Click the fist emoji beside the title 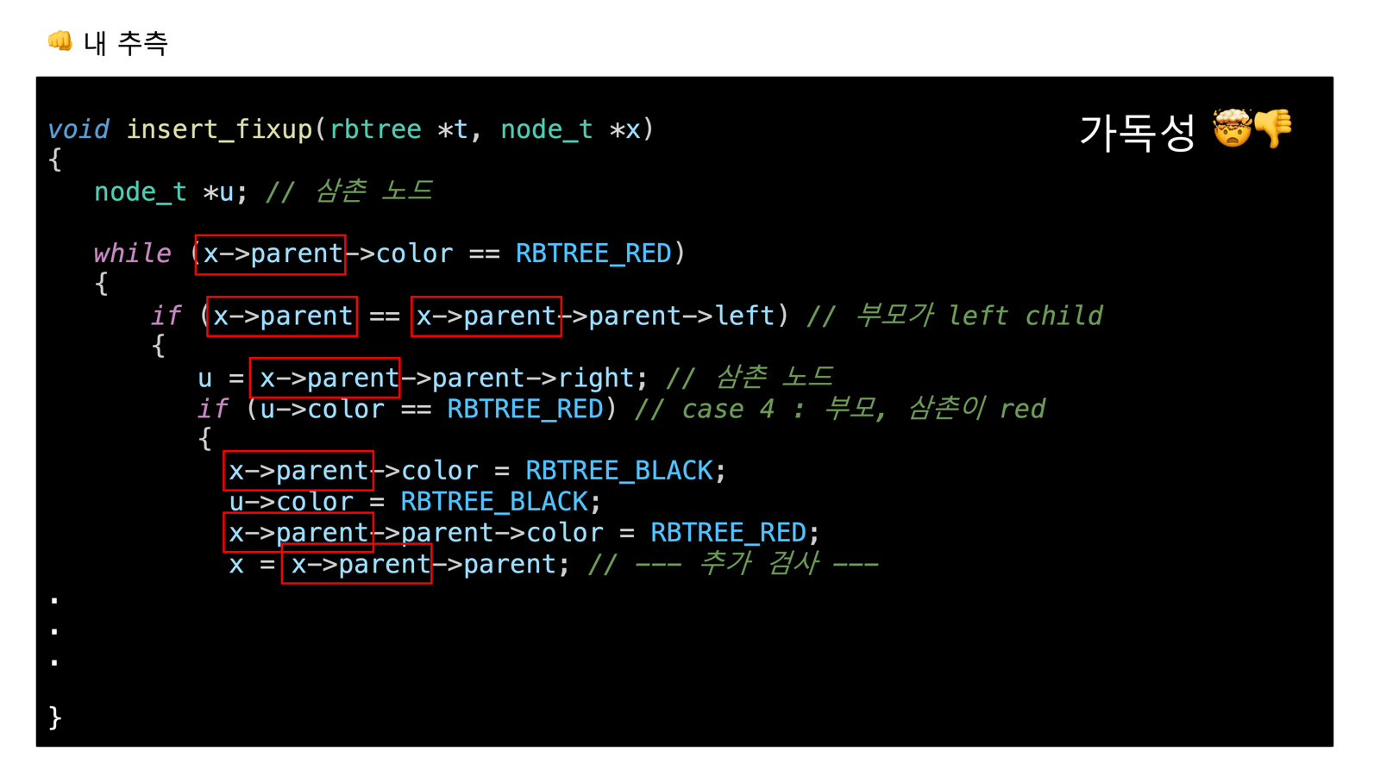60,41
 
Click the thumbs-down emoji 1273,129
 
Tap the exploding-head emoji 1232,129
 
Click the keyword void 78,129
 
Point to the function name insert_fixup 219,129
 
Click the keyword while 132,253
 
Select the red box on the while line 270,254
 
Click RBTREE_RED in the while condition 593,253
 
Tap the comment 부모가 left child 978,316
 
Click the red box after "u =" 324,378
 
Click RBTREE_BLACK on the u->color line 494,502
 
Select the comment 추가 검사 756,564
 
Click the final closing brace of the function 55,717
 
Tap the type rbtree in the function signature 375,129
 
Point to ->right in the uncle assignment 586,378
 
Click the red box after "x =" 356,564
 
